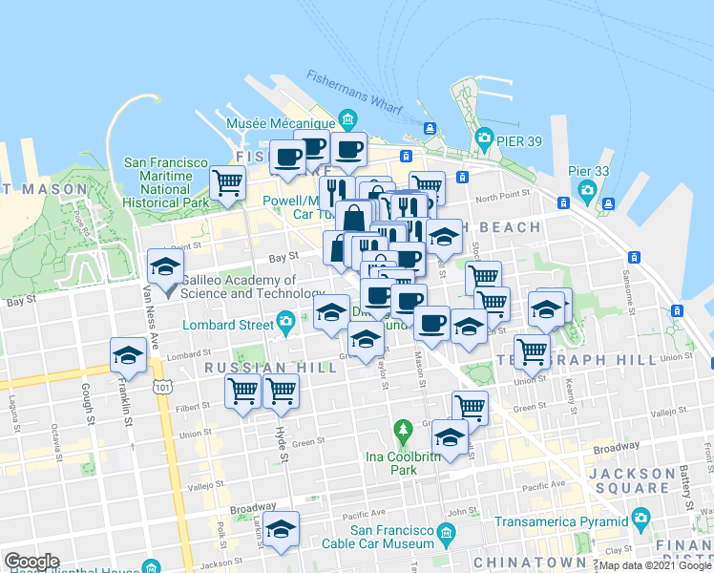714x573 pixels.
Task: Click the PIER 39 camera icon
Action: coord(484,138)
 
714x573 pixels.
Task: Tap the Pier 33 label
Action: coord(588,170)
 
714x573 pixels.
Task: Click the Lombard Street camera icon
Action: coord(284,320)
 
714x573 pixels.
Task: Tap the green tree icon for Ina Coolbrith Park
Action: coord(403,435)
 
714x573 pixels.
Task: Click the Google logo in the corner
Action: coord(31,562)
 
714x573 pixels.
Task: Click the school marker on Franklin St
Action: coord(128,356)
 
